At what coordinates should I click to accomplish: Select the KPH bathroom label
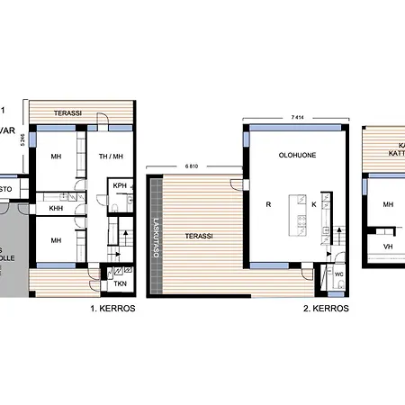120,186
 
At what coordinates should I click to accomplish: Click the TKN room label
120,283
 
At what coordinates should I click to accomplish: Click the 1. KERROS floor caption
112,308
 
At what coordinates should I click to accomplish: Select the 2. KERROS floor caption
327,308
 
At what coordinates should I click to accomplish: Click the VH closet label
388,246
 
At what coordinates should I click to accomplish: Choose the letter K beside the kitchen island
313,205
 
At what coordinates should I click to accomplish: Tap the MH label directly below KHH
56,240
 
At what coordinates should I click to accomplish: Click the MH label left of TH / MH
56,155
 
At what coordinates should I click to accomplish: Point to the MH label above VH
388,205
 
